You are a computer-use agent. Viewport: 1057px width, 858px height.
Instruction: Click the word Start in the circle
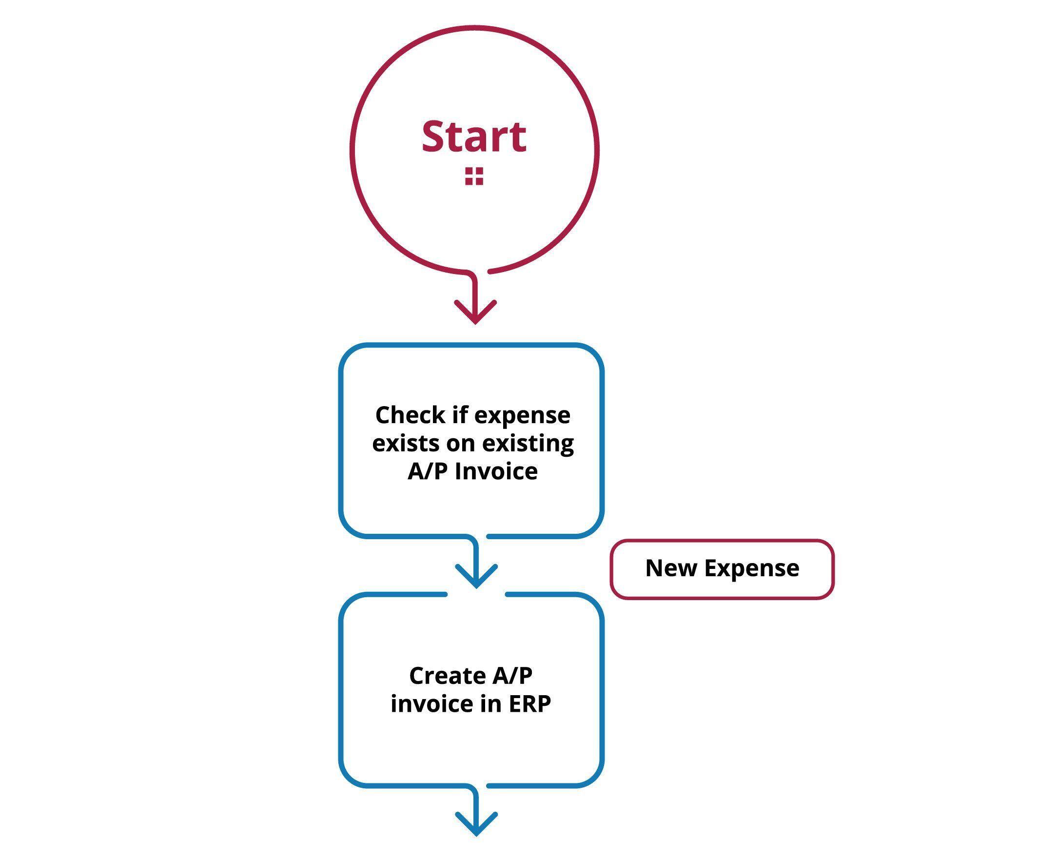473,137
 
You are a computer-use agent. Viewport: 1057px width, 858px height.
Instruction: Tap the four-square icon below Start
473,176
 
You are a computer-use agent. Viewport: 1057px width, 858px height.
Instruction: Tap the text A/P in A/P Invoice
428,471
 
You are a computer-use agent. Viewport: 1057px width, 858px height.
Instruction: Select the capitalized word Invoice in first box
496,471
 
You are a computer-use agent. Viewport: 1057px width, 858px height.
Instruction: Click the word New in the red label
670,568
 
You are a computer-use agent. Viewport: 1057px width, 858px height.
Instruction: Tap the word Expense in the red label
751,569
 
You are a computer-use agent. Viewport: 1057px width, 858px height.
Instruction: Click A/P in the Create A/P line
512,676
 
